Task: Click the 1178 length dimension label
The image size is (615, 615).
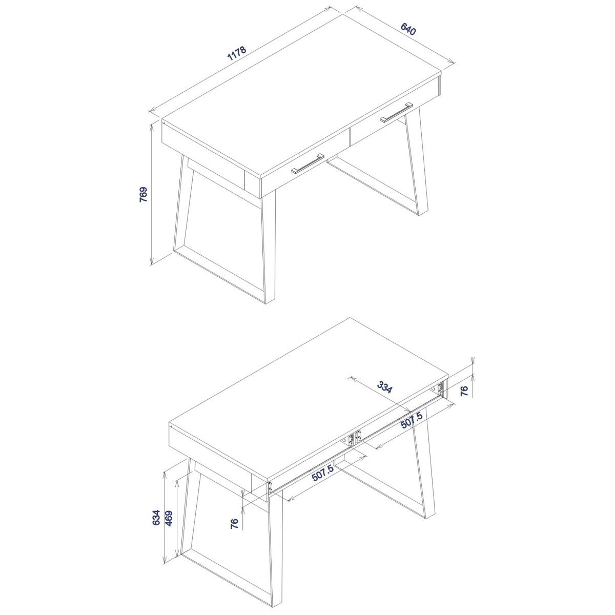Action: tap(236, 54)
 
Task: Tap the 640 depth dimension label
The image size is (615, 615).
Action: tap(408, 29)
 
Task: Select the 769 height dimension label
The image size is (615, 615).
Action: tap(143, 194)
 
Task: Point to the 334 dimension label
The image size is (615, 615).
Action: tap(384, 387)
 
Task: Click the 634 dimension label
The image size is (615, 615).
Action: tap(156, 527)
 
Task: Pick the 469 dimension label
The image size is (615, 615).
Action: tap(169, 527)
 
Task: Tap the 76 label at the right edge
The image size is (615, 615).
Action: tap(464, 391)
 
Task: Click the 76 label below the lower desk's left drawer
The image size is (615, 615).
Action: tap(234, 523)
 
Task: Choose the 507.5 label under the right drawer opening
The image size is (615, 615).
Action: tap(412, 420)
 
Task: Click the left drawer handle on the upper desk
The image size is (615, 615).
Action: tap(307, 163)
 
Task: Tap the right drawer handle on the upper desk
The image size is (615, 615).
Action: tap(396, 112)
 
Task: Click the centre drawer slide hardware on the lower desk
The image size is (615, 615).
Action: tap(355, 437)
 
